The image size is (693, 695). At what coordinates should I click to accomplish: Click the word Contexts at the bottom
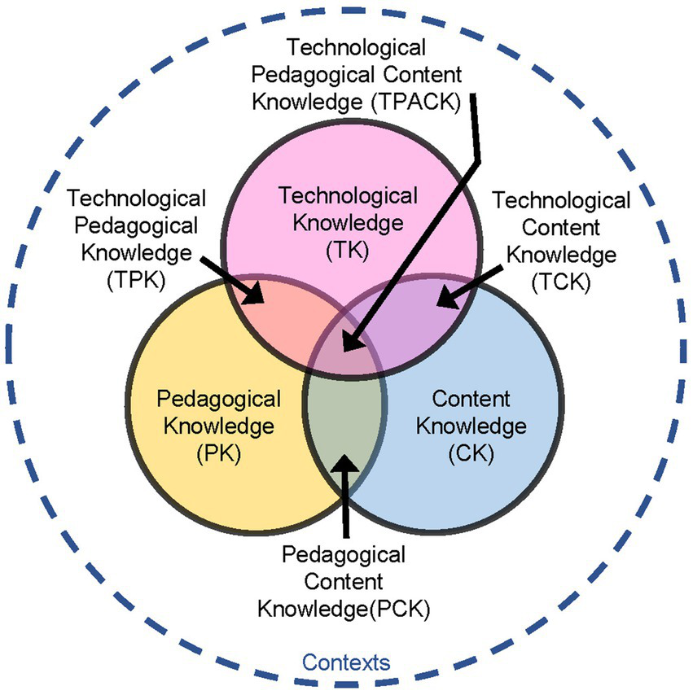346,662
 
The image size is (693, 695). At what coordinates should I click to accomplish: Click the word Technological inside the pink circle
348,196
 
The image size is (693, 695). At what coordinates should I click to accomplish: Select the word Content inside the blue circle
471,400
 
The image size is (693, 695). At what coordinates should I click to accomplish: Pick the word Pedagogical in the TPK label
136,225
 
